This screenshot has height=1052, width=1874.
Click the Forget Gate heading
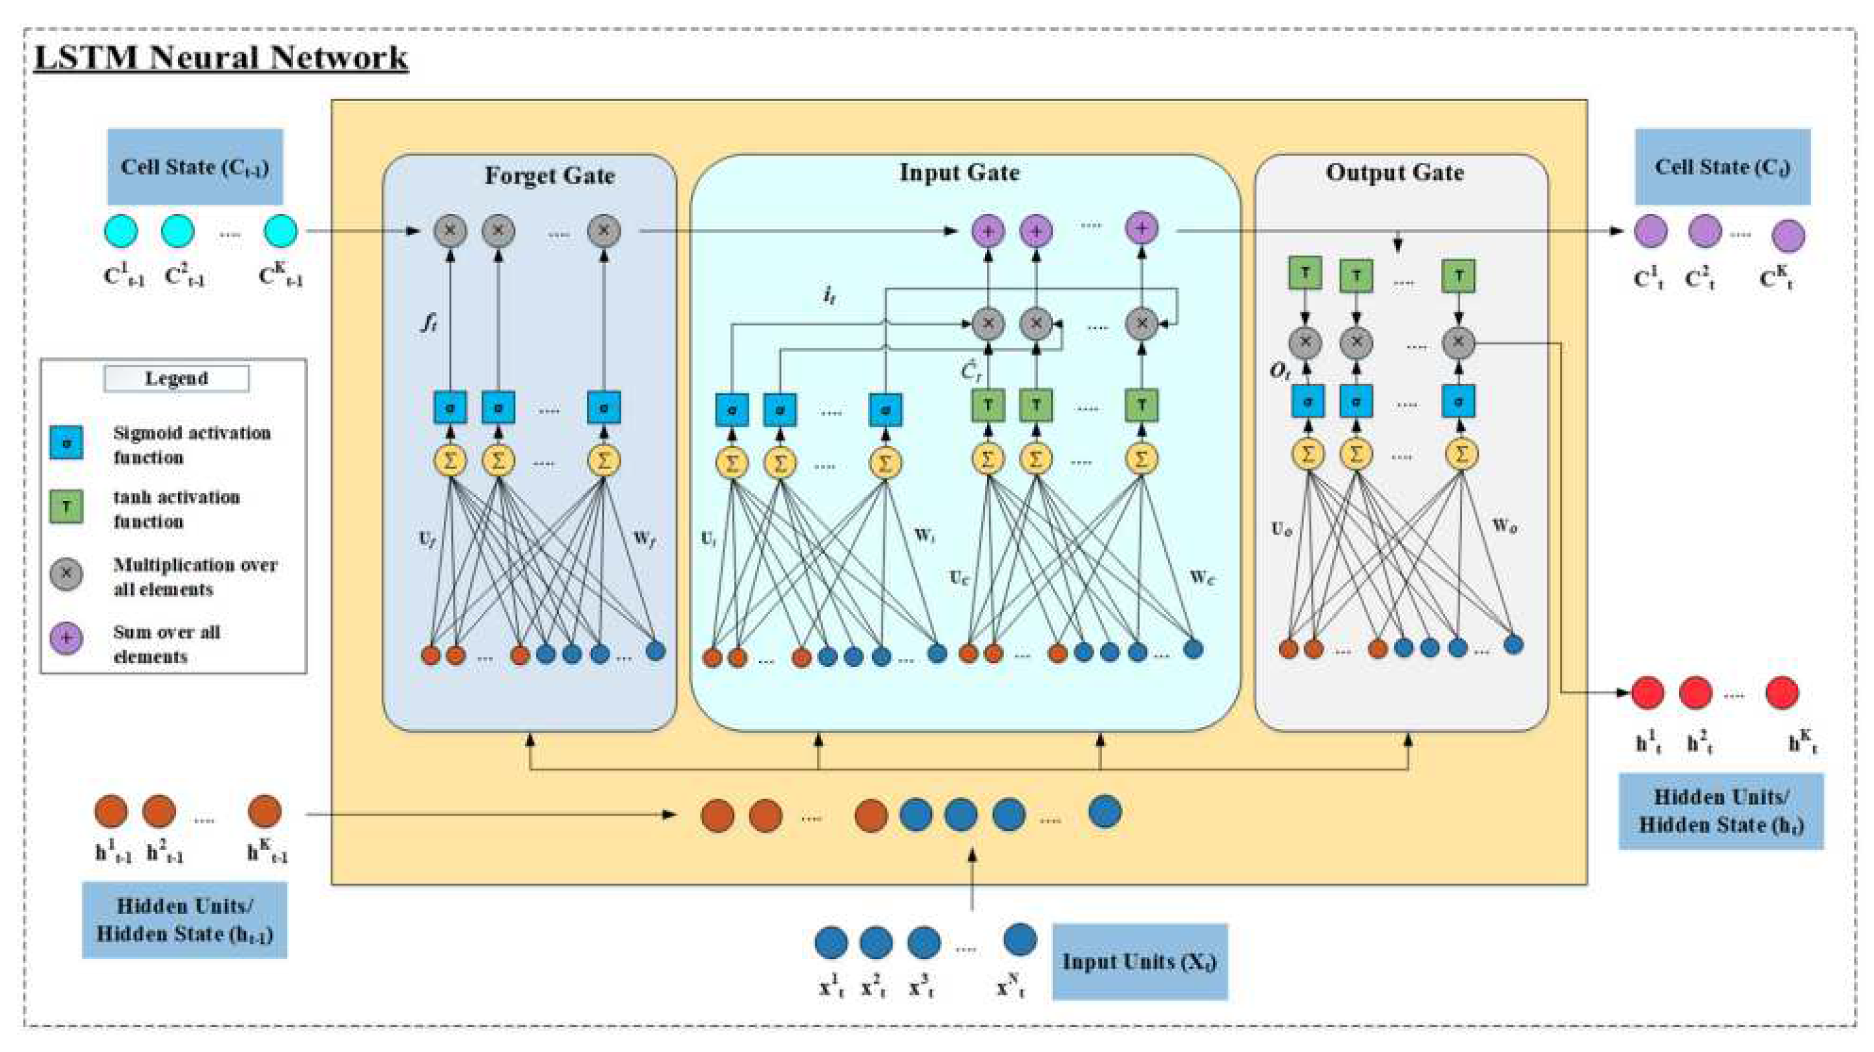coord(549,176)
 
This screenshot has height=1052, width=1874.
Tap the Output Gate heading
coord(1394,173)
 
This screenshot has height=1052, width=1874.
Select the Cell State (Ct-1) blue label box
coord(195,167)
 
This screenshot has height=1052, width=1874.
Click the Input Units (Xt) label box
coord(1139,962)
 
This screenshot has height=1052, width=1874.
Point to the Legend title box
coord(176,378)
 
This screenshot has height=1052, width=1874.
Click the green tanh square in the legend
coord(66,507)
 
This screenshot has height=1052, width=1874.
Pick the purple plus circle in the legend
coord(66,639)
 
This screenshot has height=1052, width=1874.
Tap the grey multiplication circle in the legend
coord(66,573)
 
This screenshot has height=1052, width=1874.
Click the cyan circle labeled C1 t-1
coord(121,231)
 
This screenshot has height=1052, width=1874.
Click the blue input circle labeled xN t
coord(1019,939)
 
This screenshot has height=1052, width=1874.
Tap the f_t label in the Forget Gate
coord(428,322)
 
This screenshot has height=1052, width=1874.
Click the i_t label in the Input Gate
coord(829,295)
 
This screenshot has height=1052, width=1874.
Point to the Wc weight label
coord(1202,578)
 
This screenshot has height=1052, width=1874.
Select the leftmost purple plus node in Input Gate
coord(988,231)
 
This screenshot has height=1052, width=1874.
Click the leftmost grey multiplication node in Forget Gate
coord(451,231)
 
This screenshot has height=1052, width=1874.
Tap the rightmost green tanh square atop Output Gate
coord(1458,276)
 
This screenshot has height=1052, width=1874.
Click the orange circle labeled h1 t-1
coord(111,811)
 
